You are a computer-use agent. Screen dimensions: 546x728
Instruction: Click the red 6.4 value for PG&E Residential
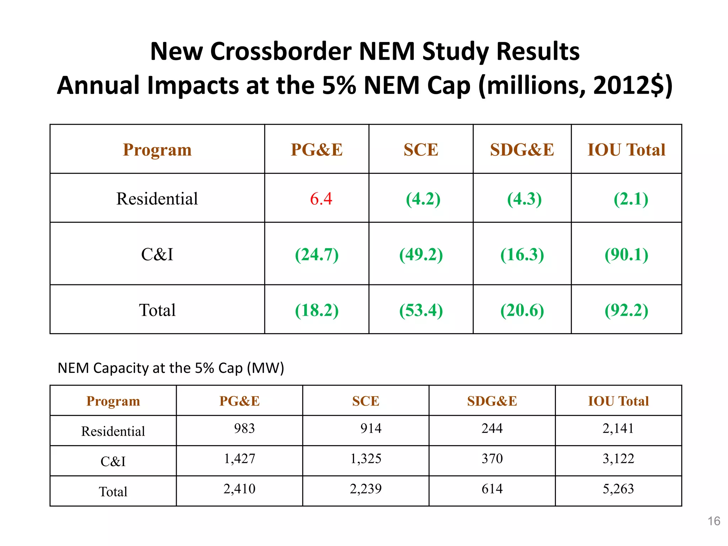(321, 199)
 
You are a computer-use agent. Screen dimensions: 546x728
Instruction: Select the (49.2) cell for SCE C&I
(421, 255)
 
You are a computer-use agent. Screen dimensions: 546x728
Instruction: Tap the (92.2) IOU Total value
(626, 310)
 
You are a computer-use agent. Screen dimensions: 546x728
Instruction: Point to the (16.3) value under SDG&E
(522, 255)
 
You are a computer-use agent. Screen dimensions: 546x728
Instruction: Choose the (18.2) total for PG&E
(316, 310)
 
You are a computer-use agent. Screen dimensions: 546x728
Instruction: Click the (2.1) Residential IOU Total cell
(631, 199)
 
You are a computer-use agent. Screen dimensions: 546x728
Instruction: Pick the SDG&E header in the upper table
(522, 150)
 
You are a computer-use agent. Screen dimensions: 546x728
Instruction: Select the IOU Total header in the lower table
(618, 401)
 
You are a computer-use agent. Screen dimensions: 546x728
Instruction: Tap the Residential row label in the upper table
(157, 199)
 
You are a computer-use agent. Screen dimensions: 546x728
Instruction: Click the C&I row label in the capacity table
(113, 461)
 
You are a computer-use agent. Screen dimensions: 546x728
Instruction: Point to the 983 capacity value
(244, 428)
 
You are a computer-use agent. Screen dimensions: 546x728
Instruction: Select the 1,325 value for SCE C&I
(365, 459)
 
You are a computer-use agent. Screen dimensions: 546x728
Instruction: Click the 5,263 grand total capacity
(618, 489)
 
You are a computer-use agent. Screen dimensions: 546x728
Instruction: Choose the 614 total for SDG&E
(492, 489)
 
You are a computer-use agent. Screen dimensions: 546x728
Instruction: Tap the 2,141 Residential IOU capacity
(618, 428)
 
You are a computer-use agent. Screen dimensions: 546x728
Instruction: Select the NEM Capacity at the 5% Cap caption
(171, 368)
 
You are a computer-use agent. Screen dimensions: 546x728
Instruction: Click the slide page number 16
(713, 521)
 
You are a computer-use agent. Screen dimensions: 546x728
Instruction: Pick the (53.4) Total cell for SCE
(421, 310)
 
